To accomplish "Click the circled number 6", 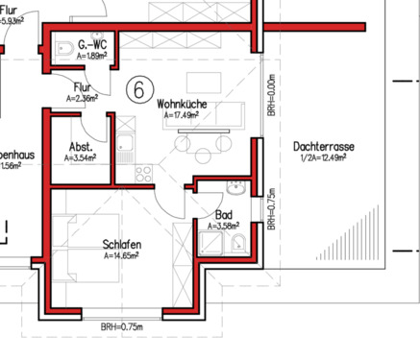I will (138, 90).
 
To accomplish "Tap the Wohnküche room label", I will (183, 105).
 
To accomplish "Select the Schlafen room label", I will (122, 246).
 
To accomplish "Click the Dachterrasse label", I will (323, 146).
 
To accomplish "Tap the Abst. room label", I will (81, 147).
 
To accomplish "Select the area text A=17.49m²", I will (182, 115).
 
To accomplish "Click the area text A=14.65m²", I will (122, 256).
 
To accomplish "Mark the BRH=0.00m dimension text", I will (271, 97).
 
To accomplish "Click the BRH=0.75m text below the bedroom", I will (121, 327).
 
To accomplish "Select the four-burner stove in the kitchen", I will (143, 174).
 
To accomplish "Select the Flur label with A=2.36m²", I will (82, 92).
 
